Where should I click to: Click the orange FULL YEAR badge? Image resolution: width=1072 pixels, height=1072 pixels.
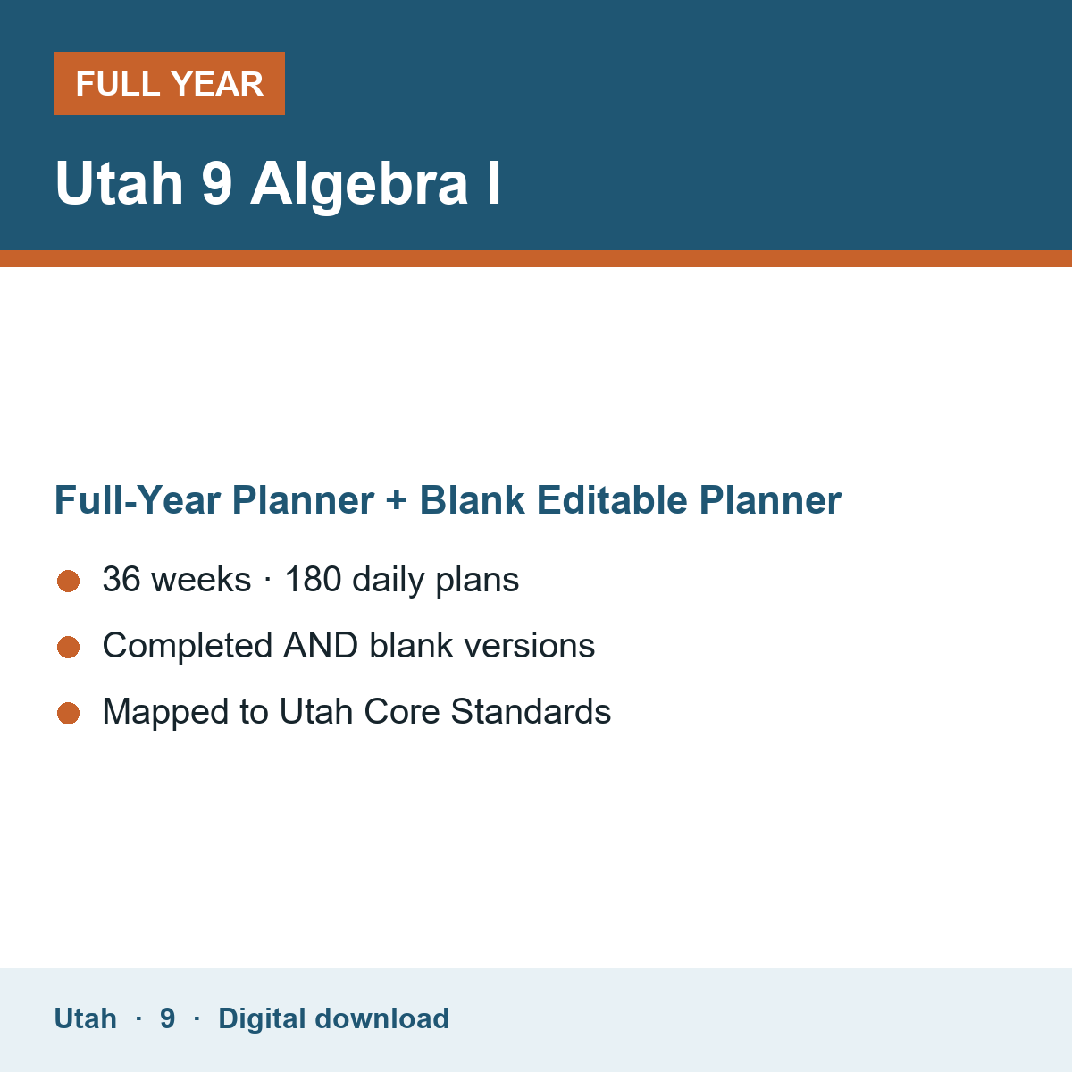coord(169,83)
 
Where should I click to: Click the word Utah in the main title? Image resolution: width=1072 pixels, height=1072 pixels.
coord(119,183)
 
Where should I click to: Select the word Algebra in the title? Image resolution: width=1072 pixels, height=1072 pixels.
coord(359,185)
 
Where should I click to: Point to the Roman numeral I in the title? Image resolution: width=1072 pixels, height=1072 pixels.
coord(494,183)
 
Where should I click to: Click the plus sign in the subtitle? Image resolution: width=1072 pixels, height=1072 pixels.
coord(397,499)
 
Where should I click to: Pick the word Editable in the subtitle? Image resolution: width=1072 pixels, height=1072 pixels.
coord(612,499)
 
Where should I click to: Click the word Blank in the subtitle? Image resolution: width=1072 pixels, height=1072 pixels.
coord(473,499)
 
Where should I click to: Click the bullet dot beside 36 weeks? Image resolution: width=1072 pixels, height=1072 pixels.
coord(69,582)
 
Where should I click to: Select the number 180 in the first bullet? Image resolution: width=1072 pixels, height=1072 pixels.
coord(313,579)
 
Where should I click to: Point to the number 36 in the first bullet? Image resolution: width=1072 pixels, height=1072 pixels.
coord(121,579)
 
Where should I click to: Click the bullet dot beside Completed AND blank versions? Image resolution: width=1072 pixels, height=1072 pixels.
coord(69,648)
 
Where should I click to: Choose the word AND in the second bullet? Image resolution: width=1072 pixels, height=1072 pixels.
coord(321,645)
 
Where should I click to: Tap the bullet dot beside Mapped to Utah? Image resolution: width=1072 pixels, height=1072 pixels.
coord(69,714)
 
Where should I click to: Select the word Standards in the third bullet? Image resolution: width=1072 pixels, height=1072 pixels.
coord(531,711)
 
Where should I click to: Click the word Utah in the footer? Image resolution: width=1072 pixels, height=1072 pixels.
coord(85,1018)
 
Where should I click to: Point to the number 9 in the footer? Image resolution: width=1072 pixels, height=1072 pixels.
coord(167,1018)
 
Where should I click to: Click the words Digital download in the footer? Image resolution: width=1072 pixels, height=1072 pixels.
coord(334,1019)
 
